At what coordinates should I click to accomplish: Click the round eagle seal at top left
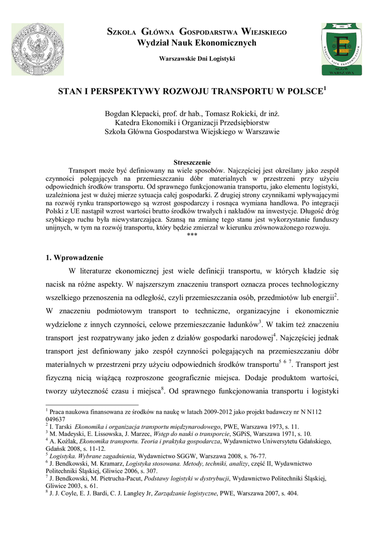point(38,49)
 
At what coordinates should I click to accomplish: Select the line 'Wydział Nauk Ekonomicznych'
point(196,43)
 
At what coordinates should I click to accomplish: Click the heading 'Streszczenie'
point(192,162)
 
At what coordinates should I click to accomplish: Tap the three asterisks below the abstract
point(192,235)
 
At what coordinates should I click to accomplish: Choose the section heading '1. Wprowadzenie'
point(74,258)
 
